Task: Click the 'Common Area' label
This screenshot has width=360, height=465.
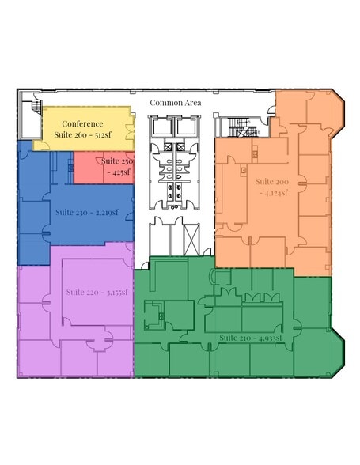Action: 176,103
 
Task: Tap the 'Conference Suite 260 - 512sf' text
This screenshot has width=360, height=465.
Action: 82,130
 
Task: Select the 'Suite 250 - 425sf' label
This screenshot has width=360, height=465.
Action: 116,165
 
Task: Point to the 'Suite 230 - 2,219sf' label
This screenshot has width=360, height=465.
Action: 86,212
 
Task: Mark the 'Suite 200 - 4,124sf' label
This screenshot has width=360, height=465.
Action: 271,186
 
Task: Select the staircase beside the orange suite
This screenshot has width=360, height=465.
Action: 238,126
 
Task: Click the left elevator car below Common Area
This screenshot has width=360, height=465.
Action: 161,127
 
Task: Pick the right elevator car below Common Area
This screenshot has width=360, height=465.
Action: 186,127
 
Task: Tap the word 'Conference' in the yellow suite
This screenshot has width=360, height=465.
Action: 82,124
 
